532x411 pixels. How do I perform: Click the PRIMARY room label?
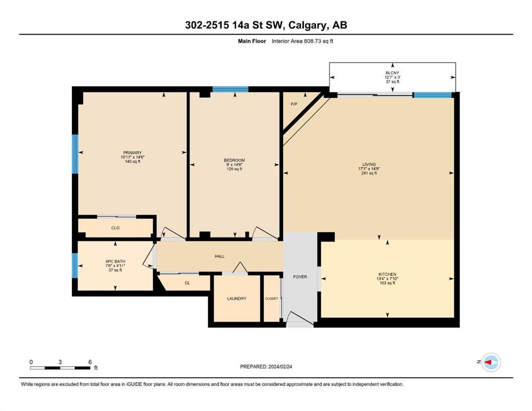132,153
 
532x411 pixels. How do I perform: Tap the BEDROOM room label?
234,160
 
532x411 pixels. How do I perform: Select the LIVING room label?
369,164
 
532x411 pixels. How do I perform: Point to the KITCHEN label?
387,274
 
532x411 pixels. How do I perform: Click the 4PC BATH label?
115,262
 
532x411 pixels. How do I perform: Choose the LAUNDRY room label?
236,299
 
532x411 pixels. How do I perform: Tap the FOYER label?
300,277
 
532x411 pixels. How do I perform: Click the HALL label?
220,256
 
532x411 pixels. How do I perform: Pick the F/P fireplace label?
294,104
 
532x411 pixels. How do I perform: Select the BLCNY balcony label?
392,73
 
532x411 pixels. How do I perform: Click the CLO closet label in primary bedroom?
115,228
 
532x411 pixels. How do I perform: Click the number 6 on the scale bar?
90,362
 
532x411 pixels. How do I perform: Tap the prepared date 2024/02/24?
280,367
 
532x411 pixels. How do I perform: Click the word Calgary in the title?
308,25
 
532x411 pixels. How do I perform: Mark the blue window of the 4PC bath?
75,265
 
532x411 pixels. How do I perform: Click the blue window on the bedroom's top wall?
230,89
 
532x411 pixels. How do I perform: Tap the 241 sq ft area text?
369,173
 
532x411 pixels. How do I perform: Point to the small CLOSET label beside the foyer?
272,299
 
